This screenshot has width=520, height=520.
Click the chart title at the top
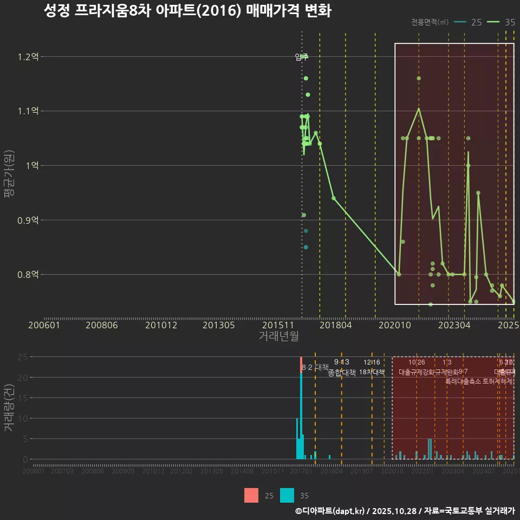(187, 11)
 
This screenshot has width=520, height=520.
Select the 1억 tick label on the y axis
(32, 166)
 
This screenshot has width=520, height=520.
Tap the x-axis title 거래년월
(278, 336)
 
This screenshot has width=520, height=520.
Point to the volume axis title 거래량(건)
(9, 408)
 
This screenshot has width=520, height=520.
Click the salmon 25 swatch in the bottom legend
(251, 495)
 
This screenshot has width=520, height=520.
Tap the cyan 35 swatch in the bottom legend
(287, 495)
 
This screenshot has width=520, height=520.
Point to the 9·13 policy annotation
(341, 362)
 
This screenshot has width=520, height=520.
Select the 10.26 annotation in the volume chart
(417, 362)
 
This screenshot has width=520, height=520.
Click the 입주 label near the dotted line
(302, 56)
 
